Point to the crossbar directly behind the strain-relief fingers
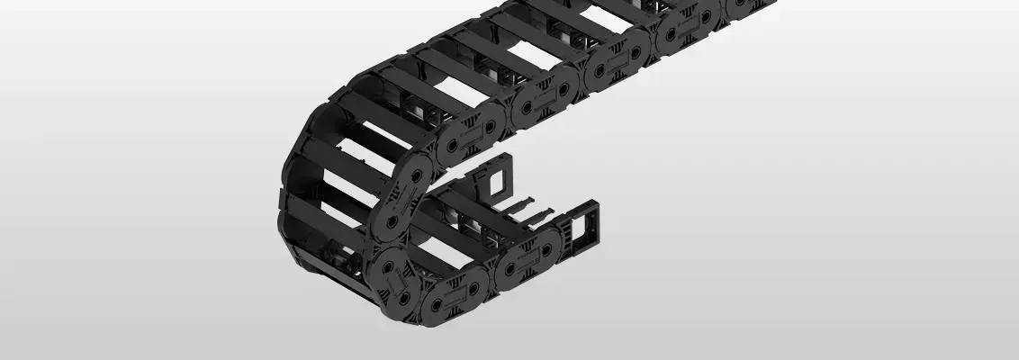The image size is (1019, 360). [x=504, y=220]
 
